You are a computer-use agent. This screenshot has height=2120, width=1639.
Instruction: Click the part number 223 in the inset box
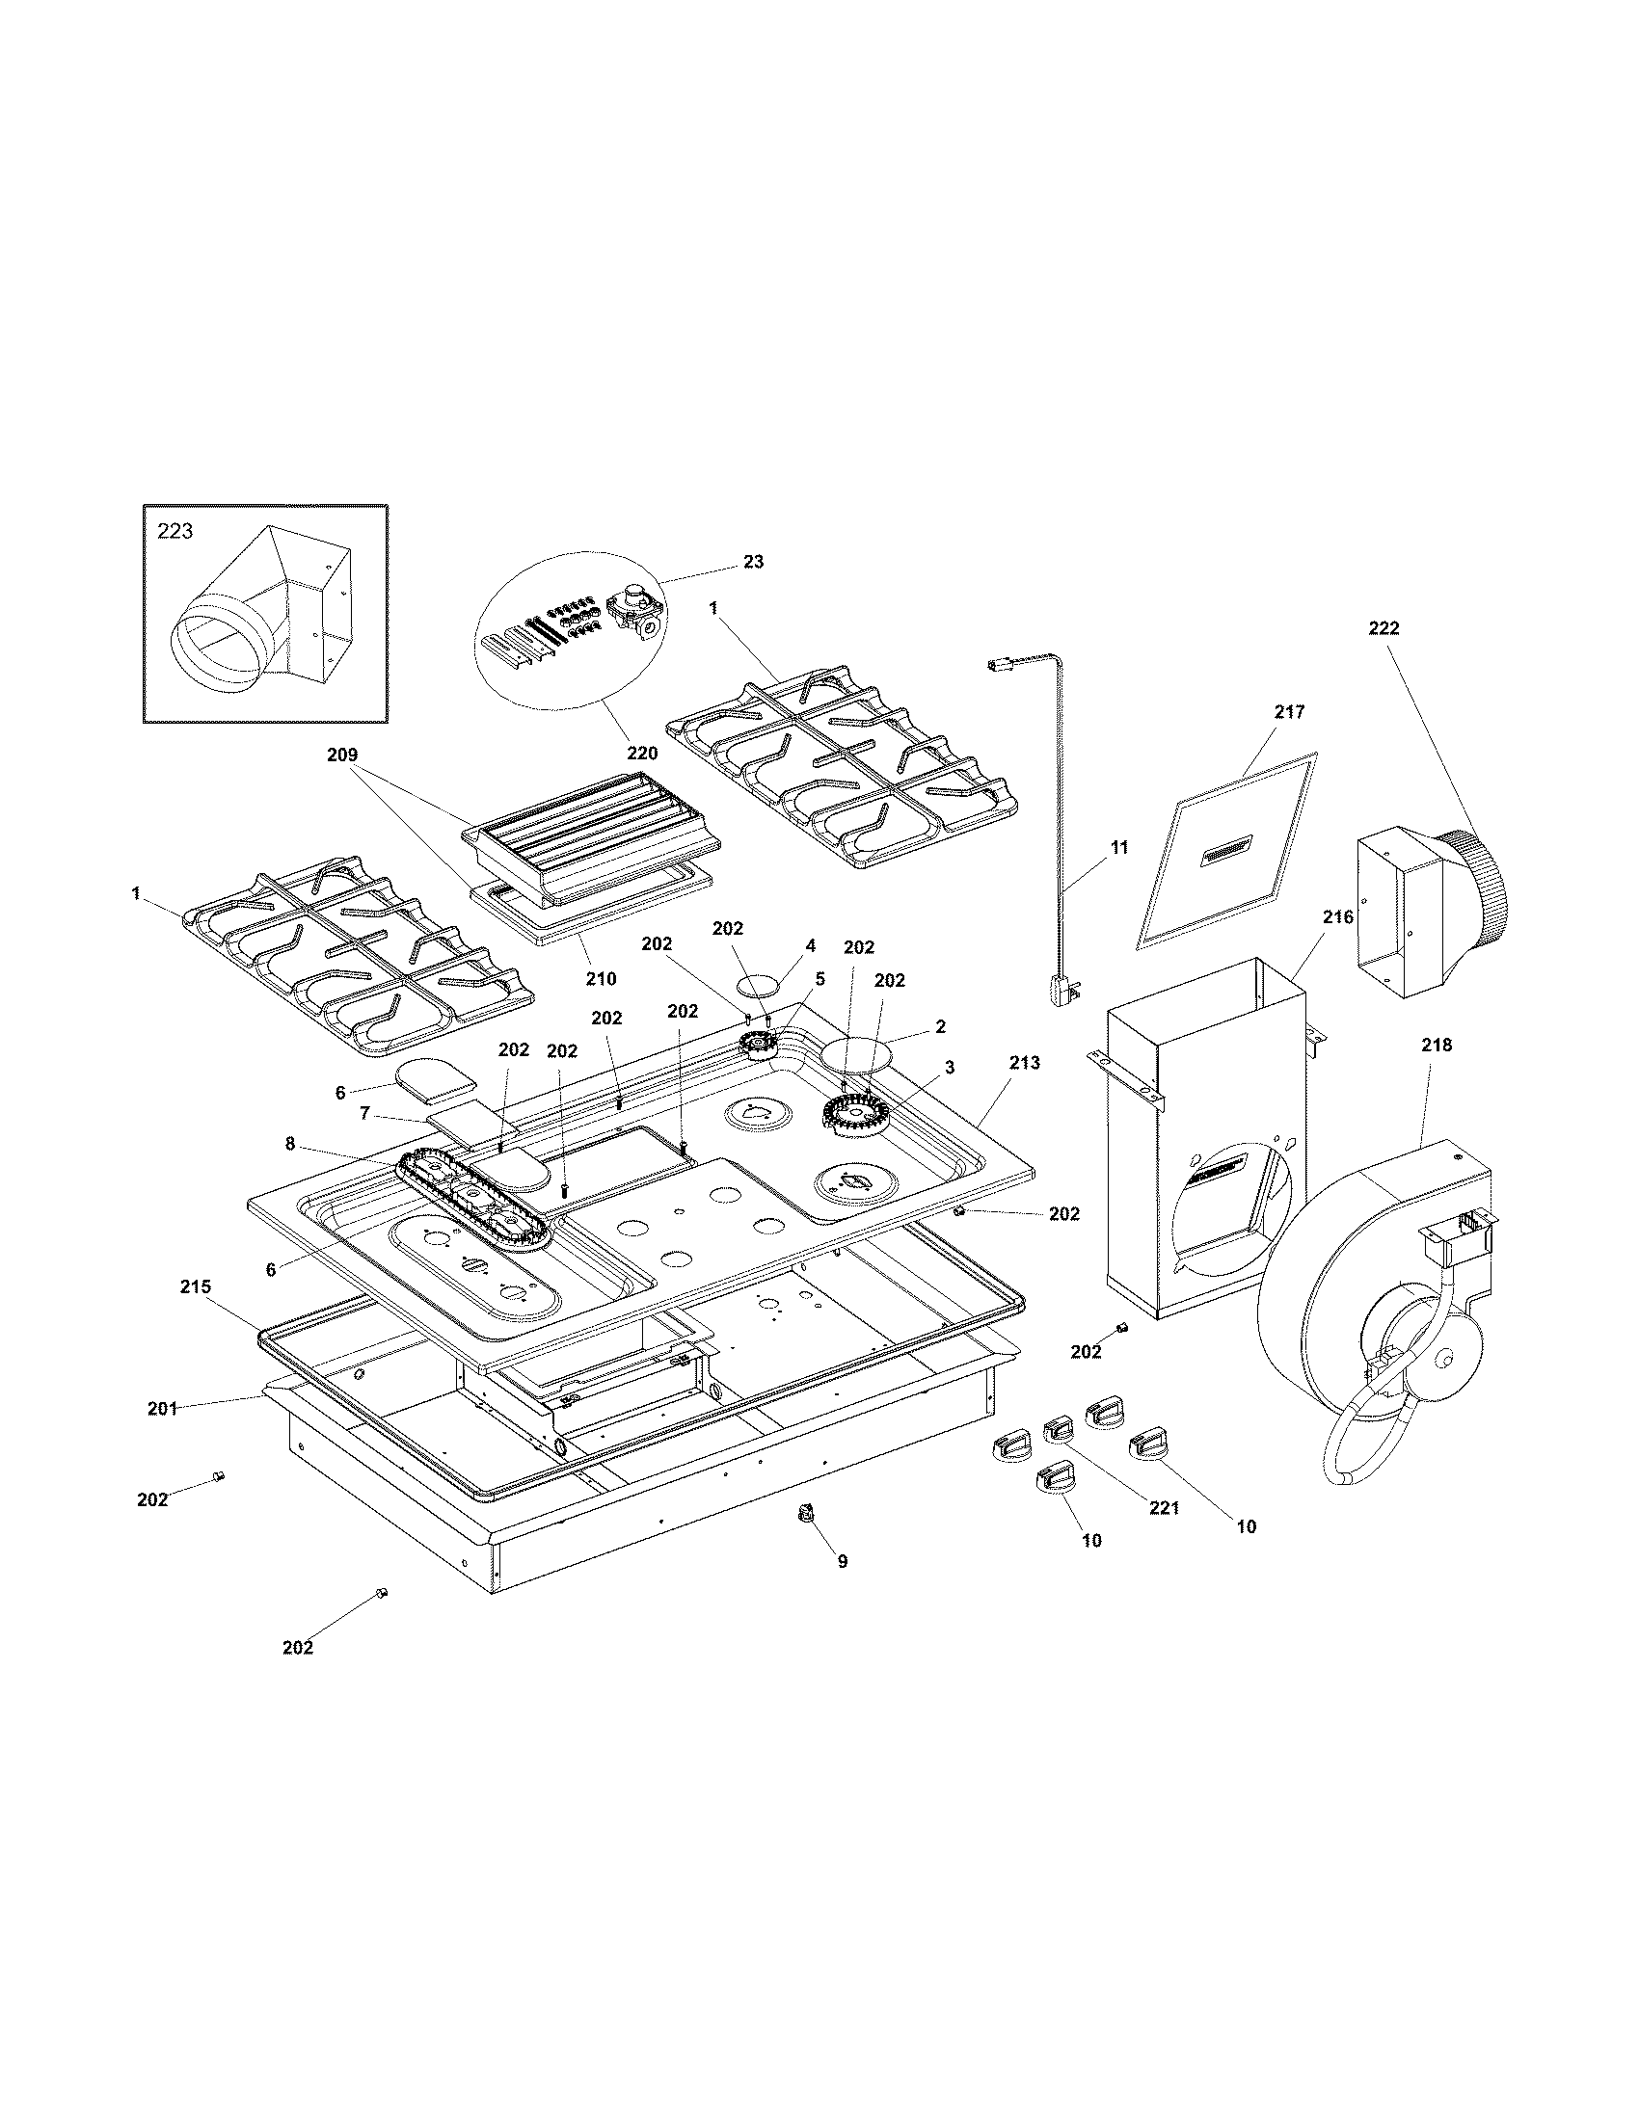(175, 531)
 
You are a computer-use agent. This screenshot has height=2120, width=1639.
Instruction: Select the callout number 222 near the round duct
(1384, 628)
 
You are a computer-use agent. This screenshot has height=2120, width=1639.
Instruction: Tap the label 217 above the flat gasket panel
(1289, 711)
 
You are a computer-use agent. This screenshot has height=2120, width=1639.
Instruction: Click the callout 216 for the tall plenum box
(1337, 916)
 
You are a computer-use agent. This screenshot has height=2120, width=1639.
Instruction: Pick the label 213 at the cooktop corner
(1024, 1063)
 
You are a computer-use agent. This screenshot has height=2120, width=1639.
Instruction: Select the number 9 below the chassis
(842, 1562)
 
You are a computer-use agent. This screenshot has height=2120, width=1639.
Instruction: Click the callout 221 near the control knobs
(1164, 1508)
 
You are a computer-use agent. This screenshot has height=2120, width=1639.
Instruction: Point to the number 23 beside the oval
(754, 561)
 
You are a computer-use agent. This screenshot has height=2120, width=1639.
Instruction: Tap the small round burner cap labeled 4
(759, 986)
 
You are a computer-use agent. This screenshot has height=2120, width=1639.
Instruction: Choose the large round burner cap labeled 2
(856, 1054)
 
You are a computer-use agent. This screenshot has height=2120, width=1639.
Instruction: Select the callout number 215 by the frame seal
(195, 1287)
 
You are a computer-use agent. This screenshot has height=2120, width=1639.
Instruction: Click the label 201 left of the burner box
(162, 1409)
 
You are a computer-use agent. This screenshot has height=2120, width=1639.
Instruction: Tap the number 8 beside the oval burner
(290, 1144)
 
